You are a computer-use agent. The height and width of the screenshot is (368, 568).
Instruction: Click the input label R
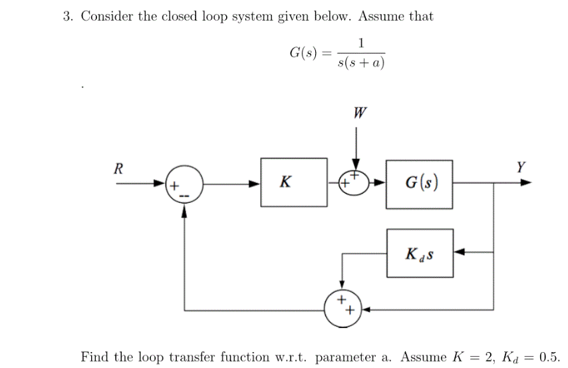point(118,168)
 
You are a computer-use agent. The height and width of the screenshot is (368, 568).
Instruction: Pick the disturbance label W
point(360,112)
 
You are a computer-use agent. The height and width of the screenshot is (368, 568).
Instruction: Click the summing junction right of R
point(184,183)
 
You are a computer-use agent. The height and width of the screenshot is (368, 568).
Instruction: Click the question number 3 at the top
point(67,17)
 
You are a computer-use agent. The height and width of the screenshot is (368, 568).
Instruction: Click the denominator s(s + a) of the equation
point(361,63)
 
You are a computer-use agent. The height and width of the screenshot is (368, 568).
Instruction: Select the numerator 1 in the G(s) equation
point(360,43)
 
